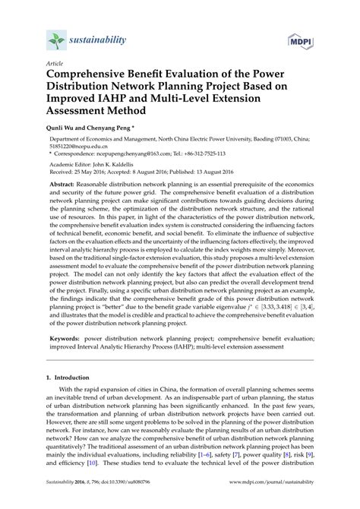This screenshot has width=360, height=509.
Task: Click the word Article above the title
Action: click(54, 65)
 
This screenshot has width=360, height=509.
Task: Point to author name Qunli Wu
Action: click(64, 131)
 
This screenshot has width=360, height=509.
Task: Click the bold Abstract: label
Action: click(67, 185)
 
